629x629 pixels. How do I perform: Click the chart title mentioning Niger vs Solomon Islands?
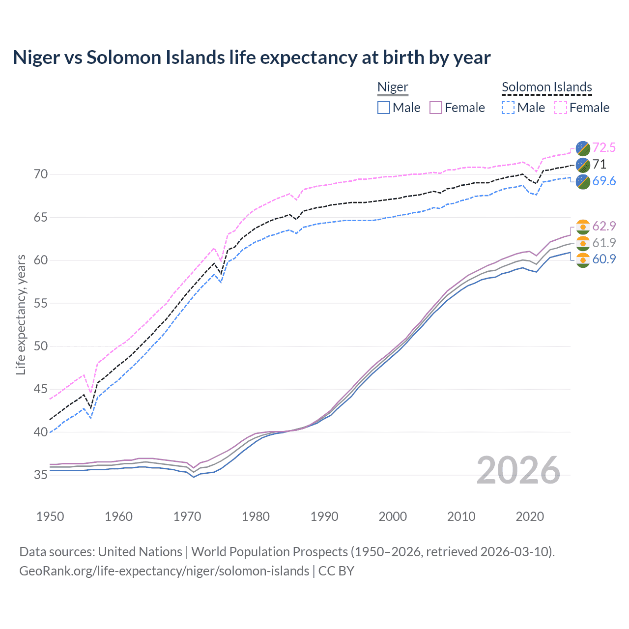pyautogui.click(x=252, y=57)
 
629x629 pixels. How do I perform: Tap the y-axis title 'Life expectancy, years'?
pyautogui.click(x=21, y=314)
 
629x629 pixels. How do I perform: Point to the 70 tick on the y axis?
pyautogui.click(x=41, y=174)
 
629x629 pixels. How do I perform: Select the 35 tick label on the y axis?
pyautogui.click(x=41, y=475)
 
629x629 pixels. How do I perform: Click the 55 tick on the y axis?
pyautogui.click(x=41, y=303)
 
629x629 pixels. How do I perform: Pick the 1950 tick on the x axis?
pyautogui.click(x=50, y=516)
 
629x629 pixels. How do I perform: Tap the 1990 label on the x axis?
pyautogui.click(x=324, y=516)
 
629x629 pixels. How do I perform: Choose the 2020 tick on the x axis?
pyautogui.click(x=530, y=516)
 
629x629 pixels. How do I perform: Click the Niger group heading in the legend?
pyautogui.click(x=393, y=87)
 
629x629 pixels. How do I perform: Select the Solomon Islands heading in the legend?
pyautogui.click(x=546, y=87)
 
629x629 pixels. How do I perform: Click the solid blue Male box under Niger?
pyautogui.click(x=384, y=108)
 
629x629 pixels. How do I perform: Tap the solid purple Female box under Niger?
pyautogui.click(x=436, y=108)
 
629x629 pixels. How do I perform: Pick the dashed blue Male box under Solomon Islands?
pyautogui.click(x=508, y=108)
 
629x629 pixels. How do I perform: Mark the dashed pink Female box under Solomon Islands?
pyautogui.click(x=561, y=108)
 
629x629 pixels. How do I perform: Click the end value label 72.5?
pyautogui.click(x=604, y=147)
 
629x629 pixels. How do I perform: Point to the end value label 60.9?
pyautogui.click(x=604, y=259)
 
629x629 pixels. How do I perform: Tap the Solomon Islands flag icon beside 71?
pyautogui.click(x=583, y=165)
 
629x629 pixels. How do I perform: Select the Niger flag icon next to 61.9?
pyautogui.click(x=583, y=243)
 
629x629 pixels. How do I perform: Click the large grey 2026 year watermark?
pyautogui.click(x=518, y=470)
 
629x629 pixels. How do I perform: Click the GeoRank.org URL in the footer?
pyautogui.click(x=164, y=571)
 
